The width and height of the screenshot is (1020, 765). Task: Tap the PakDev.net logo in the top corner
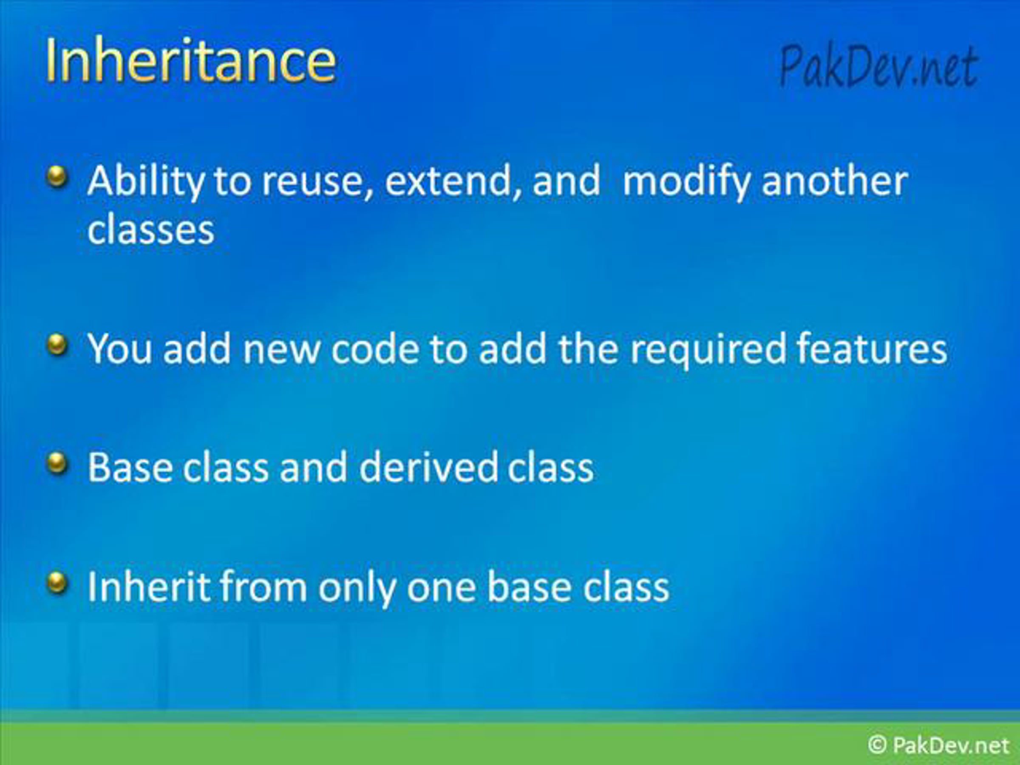point(878,66)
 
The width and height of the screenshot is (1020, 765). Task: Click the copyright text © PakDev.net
point(938,745)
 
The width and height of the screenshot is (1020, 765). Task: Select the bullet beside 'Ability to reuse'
point(57,177)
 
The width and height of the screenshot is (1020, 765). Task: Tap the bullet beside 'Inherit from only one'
point(57,583)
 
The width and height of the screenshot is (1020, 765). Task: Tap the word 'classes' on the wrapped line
point(151,229)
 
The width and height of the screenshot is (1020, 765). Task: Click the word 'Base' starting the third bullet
point(130,467)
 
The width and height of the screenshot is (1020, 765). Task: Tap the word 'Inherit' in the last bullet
point(148,586)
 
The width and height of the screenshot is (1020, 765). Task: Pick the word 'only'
point(357,588)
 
